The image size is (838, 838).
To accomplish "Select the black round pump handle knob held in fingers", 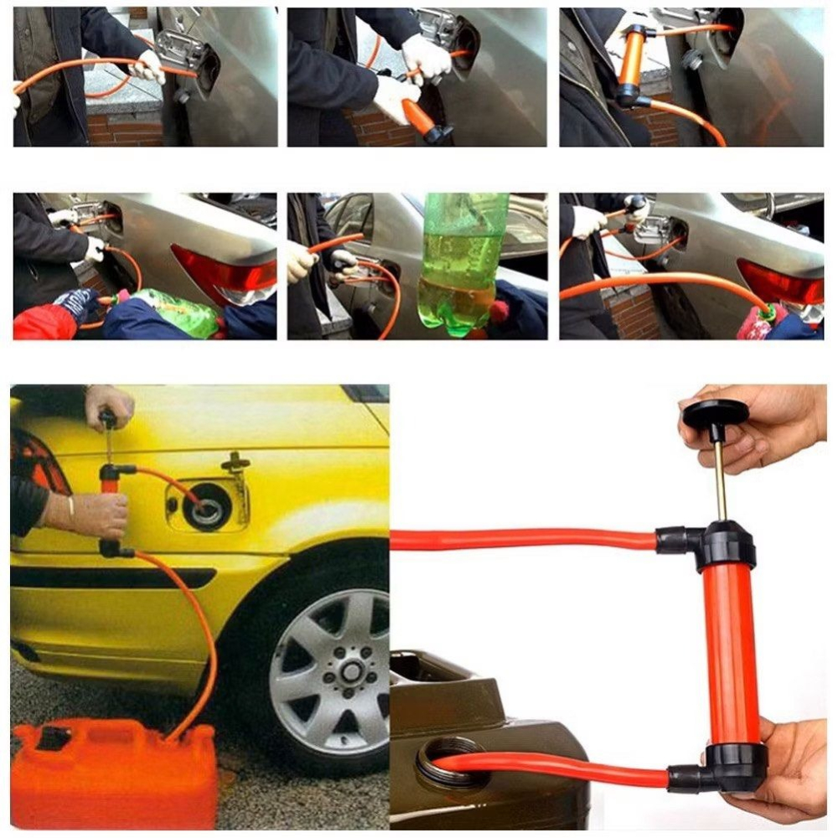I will tap(715, 412).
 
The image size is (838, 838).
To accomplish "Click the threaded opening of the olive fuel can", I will tap(453, 763).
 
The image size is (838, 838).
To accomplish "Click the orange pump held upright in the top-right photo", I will tap(631, 63).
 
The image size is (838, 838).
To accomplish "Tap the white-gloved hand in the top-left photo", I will tap(149, 67).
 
